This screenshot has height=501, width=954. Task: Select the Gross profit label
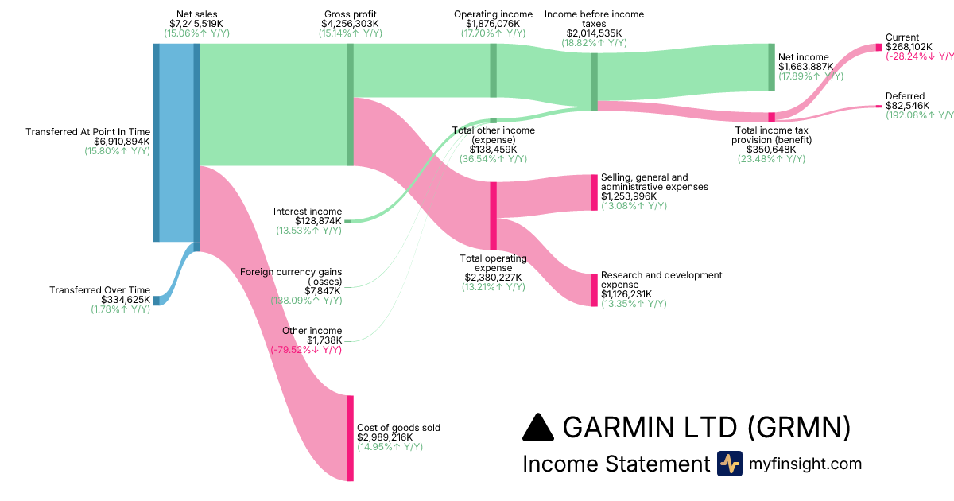click(350, 14)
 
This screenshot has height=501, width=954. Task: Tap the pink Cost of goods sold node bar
click(350, 437)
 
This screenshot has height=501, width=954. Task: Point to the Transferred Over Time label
click(99, 290)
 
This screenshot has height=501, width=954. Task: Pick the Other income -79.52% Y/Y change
click(307, 350)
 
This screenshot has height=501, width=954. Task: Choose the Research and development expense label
click(661, 280)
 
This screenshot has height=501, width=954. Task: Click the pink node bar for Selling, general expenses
click(594, 192)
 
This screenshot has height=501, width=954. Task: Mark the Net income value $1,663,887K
click(806, 67)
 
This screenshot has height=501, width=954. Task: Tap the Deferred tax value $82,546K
click(907, 106)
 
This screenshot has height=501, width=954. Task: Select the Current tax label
click(902, 37)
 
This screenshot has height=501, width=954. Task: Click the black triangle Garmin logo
click(538, 428)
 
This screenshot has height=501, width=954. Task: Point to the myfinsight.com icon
click(729, 464)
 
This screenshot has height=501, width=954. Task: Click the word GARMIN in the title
click(621, 428)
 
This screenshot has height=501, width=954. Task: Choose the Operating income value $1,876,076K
click(493, 24)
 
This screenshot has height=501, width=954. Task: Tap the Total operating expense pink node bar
click(493, 216)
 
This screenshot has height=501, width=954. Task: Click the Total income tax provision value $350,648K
click(771, 150)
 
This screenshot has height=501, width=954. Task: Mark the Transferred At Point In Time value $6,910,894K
click(117, 142)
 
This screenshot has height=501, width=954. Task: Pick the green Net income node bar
click(771, 67)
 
